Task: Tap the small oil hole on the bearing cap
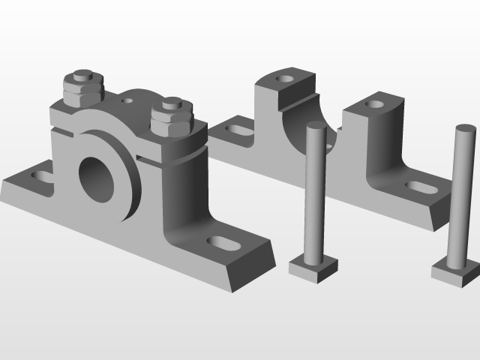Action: point(128,98)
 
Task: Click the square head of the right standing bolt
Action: point(456,270)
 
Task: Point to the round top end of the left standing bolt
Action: point(316,127)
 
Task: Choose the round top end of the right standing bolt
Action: point(465,129)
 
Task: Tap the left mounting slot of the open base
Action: point(239,130)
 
